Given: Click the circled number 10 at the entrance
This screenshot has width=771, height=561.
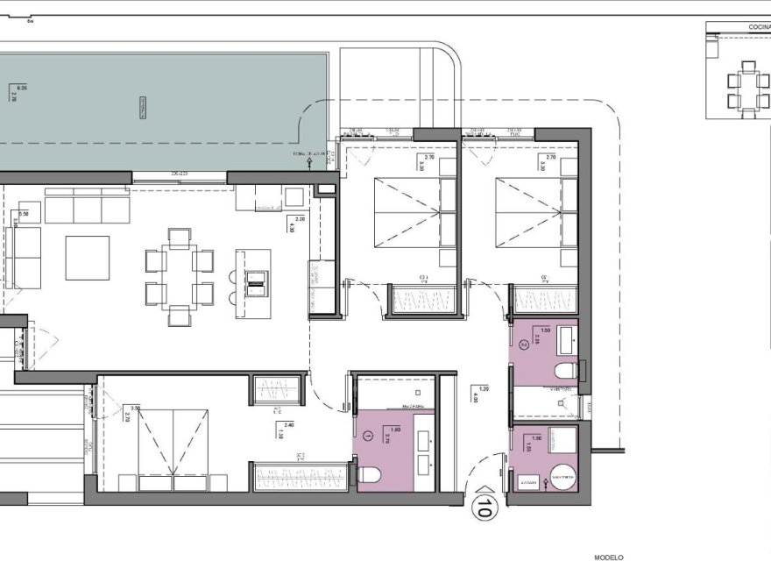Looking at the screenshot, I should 481,506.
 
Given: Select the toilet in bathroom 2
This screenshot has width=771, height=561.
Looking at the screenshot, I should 564,371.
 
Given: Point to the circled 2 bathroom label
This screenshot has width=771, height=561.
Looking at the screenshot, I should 524,345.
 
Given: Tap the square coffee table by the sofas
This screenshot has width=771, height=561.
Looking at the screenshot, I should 88,258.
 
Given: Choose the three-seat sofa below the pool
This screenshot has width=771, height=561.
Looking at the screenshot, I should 87,209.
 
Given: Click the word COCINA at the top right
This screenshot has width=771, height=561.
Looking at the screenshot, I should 759,28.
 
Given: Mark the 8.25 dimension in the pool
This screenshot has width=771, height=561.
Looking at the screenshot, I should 22,88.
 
